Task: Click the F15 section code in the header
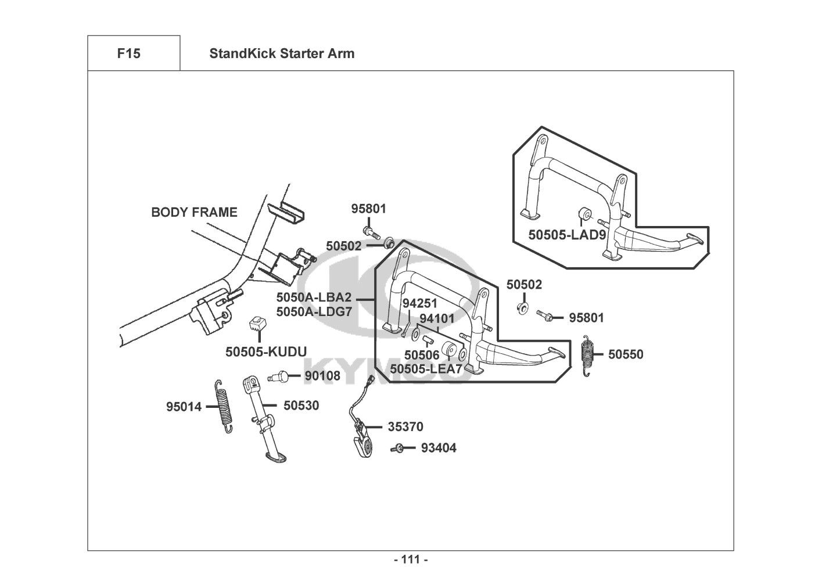(x=129, y=53)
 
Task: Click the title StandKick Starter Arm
(x=282, y=53)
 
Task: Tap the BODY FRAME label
(x=194, y=212)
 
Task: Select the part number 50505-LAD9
(x=567, y=235)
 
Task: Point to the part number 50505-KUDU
(x=266, y=352)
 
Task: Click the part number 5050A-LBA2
(x=314, y=297)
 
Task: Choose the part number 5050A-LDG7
(x=314, y=311)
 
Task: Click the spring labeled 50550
(x=588, y=355)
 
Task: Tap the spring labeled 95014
(x=224, y=406)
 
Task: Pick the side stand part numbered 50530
(x=264, y=418)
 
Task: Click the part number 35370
(x=405, y=426)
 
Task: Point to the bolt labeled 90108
(x=279, y=376)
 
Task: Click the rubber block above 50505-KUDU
(x=257, y=324)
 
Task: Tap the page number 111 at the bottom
(x=411, y=560)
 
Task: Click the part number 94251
(x=420, y=303)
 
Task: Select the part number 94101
(x=437, y=318)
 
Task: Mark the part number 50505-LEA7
(x=426, y=369)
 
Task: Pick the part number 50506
(x=422, y=355)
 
